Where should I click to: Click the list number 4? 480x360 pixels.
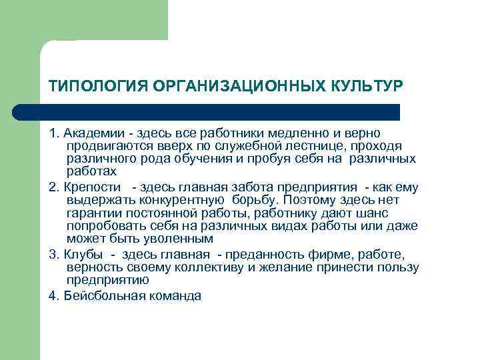pos(53,296)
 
